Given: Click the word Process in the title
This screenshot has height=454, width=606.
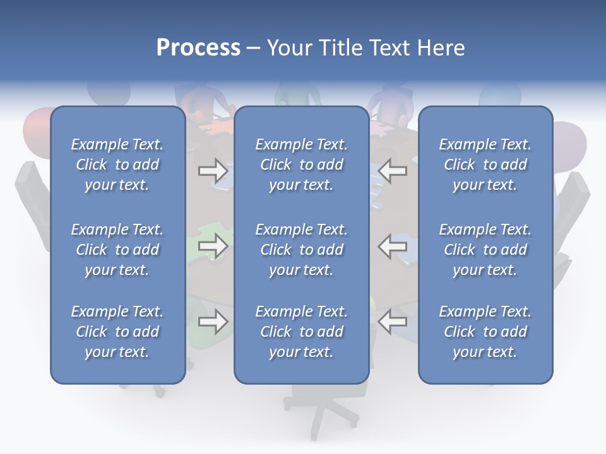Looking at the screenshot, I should point(198,48).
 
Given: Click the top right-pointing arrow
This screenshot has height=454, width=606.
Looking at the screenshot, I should point(213,170).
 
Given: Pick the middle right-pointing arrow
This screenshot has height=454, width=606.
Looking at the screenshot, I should point(213,246).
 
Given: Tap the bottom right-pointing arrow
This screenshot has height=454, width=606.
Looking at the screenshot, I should point(213,322).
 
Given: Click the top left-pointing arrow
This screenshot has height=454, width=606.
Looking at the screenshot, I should point(393,170).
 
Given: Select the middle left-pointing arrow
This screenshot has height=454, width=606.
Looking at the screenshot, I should point(393,246).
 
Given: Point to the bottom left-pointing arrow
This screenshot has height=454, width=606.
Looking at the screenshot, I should point(393,322).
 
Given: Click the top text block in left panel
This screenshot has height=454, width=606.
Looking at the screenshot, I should point(117,165).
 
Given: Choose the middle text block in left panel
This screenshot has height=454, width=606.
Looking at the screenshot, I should point(117,250).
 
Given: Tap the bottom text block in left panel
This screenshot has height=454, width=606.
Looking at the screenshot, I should point(117,332).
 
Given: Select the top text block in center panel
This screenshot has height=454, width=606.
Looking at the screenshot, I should point(301,165).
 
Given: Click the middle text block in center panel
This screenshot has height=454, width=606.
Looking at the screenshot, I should point(301,250).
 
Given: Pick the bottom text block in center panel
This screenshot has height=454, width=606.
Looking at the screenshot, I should point(301,332).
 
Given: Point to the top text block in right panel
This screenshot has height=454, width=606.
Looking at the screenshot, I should point(485,165).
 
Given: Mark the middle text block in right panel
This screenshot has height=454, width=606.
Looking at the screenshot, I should point(485,250).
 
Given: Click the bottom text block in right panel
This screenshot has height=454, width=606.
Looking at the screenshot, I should point(485,332).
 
